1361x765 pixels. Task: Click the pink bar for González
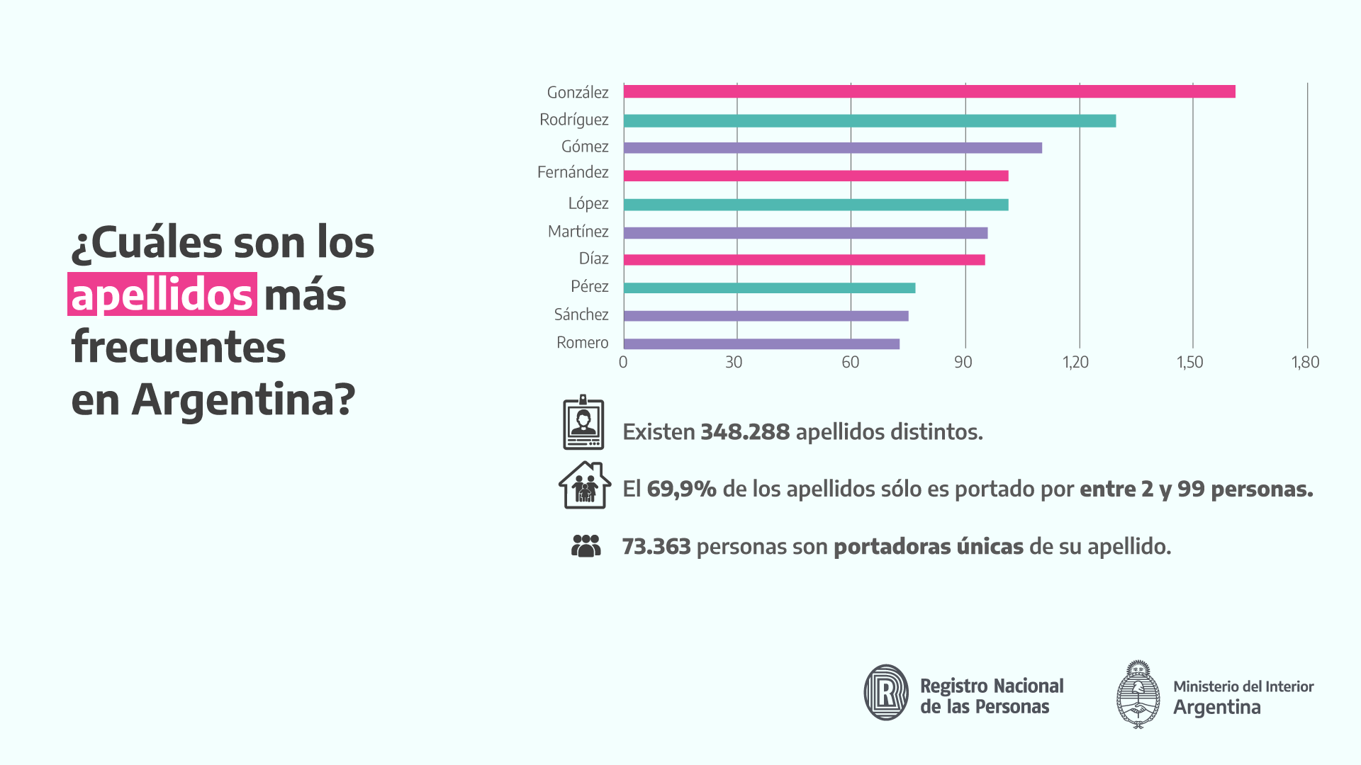(x=929, y=91)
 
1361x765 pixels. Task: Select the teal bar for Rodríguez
(x=869, y=121)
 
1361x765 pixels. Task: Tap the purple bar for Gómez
(x=832, y=148)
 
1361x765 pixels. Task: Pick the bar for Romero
(x=761, y=344)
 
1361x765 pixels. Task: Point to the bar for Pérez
(x=769, y=288)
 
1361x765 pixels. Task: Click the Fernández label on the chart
(x=573, y=172)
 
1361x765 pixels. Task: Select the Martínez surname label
(x=578, y=232)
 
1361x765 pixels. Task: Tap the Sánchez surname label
(x=581, y=314)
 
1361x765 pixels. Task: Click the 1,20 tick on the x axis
(x=1075, y=363)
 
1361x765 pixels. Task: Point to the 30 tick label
(x=734, y=363)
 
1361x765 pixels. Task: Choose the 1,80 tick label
(x=1305, y=363)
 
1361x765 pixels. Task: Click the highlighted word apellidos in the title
(x=162, y=295)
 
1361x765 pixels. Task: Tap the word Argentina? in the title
(x=243, y=399)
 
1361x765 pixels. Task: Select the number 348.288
(x=745, y=432)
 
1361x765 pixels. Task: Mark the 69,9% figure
(x=681, y=489)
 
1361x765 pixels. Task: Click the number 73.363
(x=656, y=547)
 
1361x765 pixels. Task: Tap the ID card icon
(x=583, y=423)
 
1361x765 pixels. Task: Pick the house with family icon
(x=585, y=485)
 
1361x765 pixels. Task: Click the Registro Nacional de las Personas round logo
(x=886, y=692)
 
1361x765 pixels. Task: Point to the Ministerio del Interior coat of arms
(x=1138, y=694)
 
